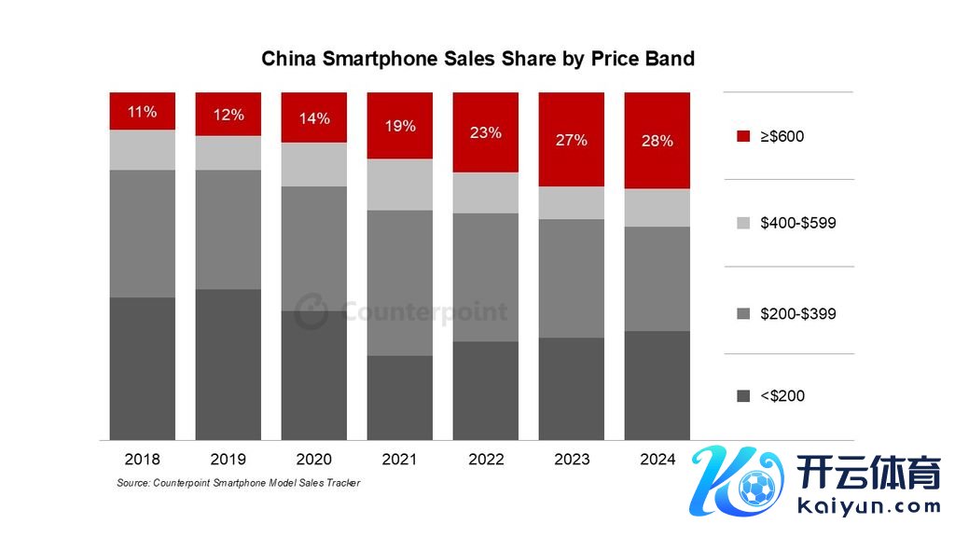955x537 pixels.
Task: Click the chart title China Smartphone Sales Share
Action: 477,59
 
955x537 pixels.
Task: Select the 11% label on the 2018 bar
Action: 142,112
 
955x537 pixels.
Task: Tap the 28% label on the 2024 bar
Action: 657,142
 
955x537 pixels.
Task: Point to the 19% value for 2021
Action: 399,126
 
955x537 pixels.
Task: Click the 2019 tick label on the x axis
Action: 228,460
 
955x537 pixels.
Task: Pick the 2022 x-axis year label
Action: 485,460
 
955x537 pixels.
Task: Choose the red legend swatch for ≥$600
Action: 742,137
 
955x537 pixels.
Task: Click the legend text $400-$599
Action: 797,224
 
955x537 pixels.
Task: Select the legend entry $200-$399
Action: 797,313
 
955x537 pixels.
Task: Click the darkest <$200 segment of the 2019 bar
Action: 228,364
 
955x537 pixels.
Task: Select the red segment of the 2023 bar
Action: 571,140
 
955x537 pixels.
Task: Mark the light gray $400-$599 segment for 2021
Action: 399,185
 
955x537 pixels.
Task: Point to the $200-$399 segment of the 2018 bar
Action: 142,233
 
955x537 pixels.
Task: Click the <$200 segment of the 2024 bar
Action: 657,385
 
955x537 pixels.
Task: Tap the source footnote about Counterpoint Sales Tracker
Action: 238,483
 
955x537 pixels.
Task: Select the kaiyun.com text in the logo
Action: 869,508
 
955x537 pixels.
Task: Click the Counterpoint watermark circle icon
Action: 311,311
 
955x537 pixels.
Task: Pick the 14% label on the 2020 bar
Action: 313,118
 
